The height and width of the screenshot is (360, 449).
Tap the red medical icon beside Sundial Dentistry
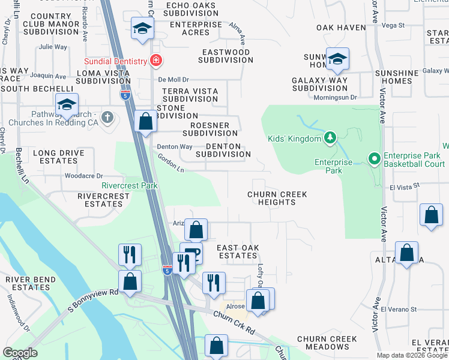[156, 61]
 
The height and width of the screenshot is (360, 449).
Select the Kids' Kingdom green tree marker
[330, 139]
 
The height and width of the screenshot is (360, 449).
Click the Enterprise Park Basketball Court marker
[374, 159]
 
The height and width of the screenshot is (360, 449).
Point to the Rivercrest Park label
[130, 185]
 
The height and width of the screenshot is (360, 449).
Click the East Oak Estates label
[237, 251]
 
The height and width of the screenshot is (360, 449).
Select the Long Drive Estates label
[59, 157]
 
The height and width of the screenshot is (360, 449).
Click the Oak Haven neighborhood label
[341, 28]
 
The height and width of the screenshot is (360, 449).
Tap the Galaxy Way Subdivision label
[320, 84]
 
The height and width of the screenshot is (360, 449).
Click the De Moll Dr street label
[173, 79]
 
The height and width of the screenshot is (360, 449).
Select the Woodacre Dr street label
[83, 176]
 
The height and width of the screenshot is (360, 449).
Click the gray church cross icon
[107, 116]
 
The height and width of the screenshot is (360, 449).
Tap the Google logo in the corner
[20, 353]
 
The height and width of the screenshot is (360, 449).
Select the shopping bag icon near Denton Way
[145, 121]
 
